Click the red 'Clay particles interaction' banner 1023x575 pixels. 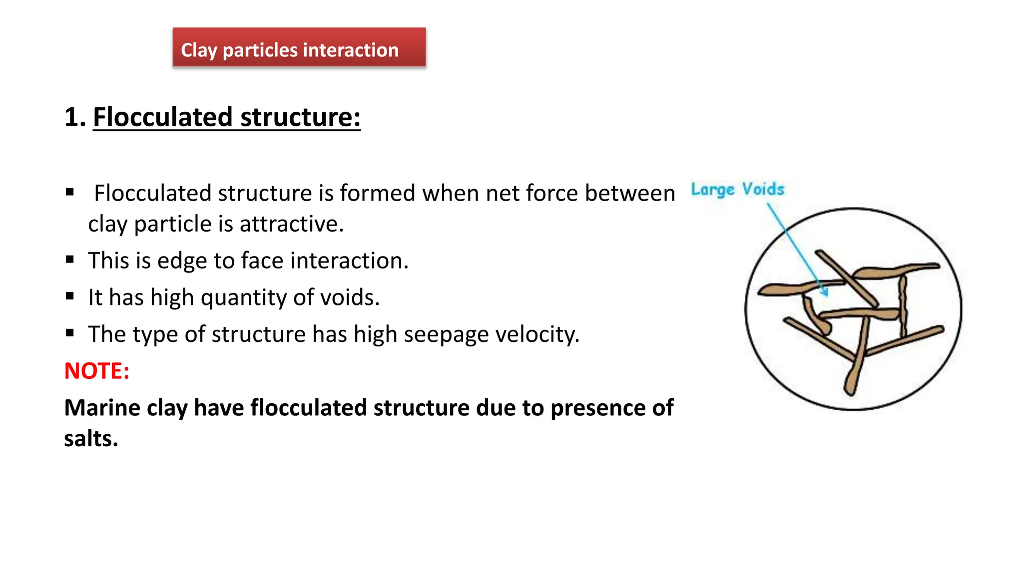[299, 48]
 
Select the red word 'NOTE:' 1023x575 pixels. [97, 371]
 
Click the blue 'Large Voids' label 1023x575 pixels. [737, 190]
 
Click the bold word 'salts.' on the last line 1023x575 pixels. [91, 439]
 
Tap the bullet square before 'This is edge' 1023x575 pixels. [70, 260]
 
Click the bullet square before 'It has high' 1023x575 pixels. [70, 296]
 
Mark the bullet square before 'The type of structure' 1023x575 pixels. [70, 333]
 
